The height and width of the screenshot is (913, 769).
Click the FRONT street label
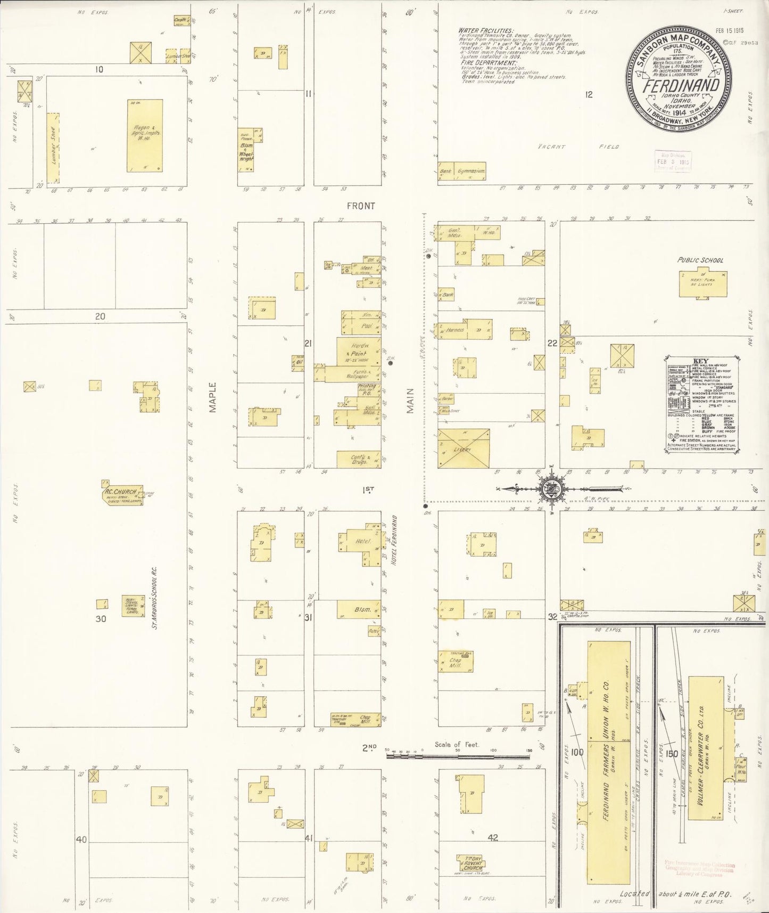(x=361, y=206)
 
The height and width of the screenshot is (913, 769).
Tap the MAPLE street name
(x=213, y=397)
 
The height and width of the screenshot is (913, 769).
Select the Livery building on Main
(x=463, y=448)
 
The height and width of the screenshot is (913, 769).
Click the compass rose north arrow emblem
(x=549, y=487)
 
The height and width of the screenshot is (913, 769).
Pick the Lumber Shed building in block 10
(x=53, y=146)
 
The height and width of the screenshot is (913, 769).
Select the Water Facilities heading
(x=486, y=31)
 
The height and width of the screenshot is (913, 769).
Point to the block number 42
(x=493, y=838)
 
